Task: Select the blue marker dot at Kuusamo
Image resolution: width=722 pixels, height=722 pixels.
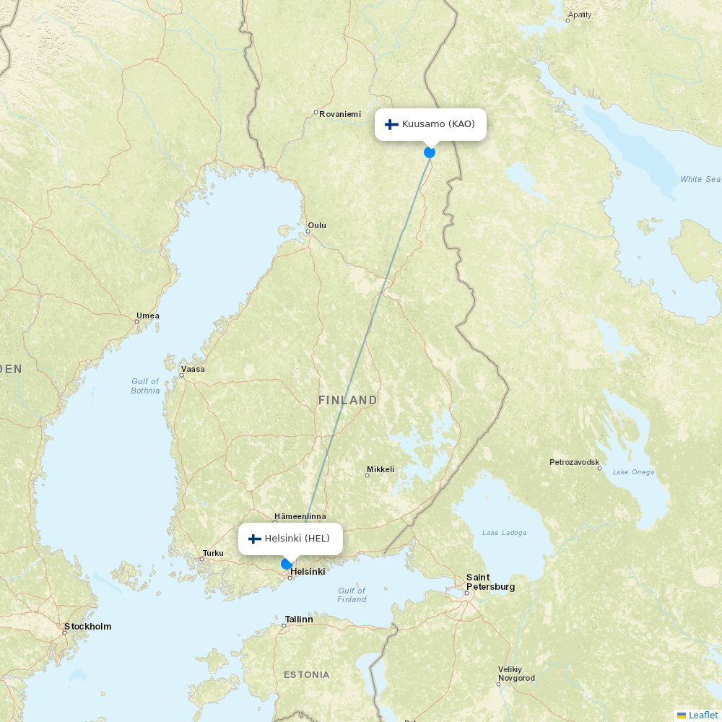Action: [430, 152]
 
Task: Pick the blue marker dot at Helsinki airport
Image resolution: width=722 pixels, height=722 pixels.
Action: [287, 564]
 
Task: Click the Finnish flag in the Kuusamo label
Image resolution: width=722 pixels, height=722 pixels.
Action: [392, 124]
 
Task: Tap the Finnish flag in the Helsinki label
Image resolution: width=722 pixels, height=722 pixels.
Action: [254, 539]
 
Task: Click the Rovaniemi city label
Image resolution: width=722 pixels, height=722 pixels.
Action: [340, 113]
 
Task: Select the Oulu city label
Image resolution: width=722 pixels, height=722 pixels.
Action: [317, 225]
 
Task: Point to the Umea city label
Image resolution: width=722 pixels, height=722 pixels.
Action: [148, 316]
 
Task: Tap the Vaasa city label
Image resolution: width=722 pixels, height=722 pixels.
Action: [193, 369]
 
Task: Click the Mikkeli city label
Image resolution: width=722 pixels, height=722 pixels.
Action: [380, 469]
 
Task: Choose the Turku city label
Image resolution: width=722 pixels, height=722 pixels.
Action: [213, 553]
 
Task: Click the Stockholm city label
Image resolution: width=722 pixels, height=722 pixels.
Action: [87, 626]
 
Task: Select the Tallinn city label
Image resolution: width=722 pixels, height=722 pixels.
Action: [299, 619]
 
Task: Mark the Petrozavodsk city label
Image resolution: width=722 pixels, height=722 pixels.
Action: [574, 461]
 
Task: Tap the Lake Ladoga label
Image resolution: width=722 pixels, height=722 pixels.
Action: [504, 533]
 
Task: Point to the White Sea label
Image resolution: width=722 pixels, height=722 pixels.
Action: [700, 179]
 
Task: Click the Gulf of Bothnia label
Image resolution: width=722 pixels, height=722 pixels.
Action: [145, 386]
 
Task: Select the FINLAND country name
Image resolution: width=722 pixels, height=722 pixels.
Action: [347, 400]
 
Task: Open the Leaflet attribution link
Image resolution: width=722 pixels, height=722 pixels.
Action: [703, 715]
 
